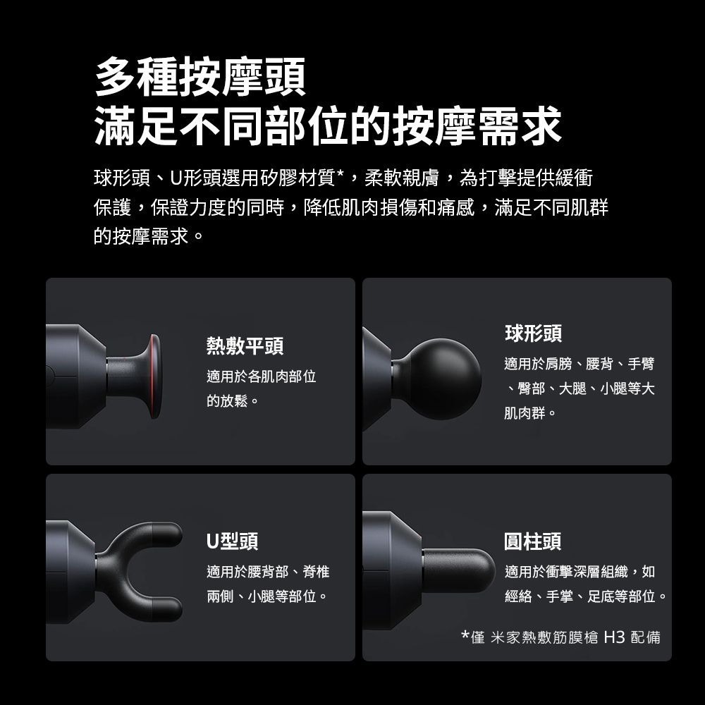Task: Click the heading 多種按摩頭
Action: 200,77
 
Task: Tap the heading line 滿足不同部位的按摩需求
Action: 328,126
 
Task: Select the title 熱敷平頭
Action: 245,346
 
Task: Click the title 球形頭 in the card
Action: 533,333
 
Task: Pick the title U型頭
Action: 233,541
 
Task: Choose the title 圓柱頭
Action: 533,541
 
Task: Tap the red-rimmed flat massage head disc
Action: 153,376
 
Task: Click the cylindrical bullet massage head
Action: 459,571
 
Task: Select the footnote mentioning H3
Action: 560,637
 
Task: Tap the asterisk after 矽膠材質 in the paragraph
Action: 340,174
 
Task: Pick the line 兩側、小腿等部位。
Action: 267,596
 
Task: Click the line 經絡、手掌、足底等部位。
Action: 586,596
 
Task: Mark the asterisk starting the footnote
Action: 465,634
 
